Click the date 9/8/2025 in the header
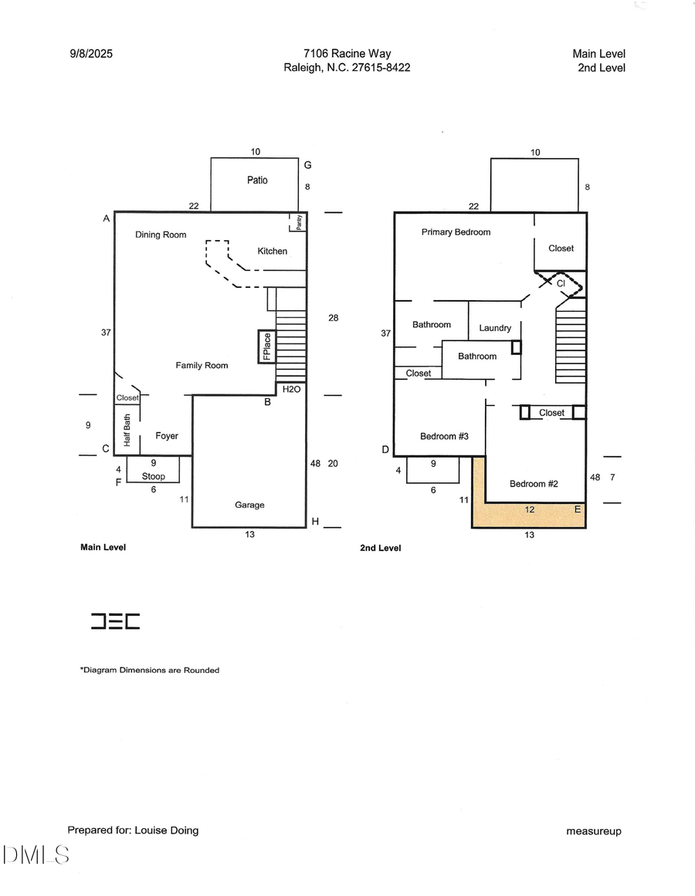tap(90, 54)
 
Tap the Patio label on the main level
tap(257, 180)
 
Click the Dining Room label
tap(161, 235)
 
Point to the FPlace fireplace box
tap(267, 347)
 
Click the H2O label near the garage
tap(291, 390)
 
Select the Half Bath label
tap(127, 431)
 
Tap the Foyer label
tap(167, 436)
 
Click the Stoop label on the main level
tap(154, 476)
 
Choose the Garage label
tap(249, 505)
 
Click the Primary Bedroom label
tap(456, 232)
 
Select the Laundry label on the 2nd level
tap(495, 328)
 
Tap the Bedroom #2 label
tap(534, 484)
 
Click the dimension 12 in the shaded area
tap(530, 510)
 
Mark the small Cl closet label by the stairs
tap(561, 283)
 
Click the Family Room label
tap(202, 365)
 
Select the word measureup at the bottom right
tap(593, 831)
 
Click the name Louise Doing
tap(166, 830)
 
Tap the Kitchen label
tap(272, 251)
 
